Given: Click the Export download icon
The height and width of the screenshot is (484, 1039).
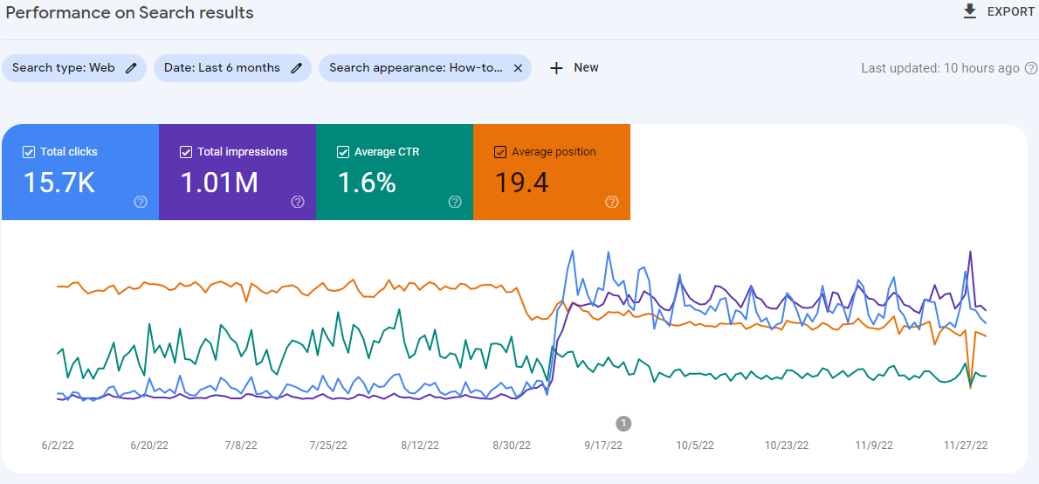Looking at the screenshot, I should tap(969, 11).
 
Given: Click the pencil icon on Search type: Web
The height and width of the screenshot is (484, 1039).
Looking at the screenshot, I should tap(131, 68).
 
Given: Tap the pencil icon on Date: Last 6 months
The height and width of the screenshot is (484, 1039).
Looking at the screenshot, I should tap(297, 68).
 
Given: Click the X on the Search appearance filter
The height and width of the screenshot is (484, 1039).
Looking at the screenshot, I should tap(518, 68).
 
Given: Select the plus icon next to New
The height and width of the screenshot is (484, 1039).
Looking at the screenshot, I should tap(556, 68).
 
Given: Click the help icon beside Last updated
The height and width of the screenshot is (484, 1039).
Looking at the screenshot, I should tap(1031, 68).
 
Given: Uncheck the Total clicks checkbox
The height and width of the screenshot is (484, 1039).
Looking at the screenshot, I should tap(29, 152).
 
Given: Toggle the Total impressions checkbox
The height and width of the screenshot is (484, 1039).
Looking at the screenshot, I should tap(186, 152).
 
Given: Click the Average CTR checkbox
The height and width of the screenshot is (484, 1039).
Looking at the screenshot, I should tap(343, 152).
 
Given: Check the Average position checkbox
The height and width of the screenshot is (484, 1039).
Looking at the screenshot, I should tap(500, 152).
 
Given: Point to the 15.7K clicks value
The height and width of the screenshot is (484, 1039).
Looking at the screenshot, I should tap(59, 183).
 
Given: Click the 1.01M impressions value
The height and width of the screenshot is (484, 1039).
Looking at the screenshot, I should tap(219, 183).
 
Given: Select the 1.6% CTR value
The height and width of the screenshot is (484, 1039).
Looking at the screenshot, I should tap(367, 183).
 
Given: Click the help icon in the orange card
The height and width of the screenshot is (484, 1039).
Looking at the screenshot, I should tap(612, 202).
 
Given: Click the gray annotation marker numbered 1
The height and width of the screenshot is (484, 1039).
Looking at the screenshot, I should tap(623, 424).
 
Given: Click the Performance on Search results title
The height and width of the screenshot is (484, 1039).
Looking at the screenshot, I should tap(129, 13).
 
